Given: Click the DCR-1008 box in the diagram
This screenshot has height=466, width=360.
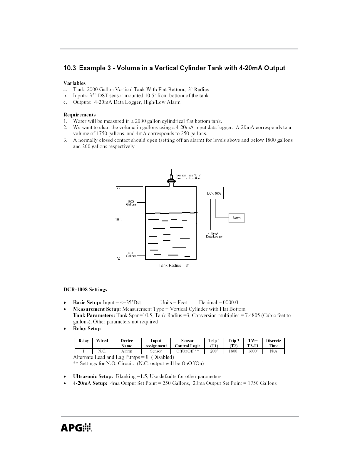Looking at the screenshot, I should [x=214, y=193].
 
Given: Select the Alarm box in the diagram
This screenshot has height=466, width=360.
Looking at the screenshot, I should [x=236, y=218].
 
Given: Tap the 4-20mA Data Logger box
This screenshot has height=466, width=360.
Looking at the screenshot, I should [x=214, y=235].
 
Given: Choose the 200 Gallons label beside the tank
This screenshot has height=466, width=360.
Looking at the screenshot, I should [x=131, y=255].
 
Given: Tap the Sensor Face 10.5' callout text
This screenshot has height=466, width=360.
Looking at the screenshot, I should [x=189, y=177].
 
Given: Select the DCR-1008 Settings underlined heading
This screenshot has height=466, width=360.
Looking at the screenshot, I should [x=85, y=290].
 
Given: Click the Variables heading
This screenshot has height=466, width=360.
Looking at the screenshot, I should [x=74, y=83].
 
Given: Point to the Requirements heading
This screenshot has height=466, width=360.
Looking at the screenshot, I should [x=79, y=115].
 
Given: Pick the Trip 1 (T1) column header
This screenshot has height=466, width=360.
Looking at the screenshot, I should [x=214, y=343].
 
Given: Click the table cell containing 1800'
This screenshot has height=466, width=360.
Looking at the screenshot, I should [x=233, y=351].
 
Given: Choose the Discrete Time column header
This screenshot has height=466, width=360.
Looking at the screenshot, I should [x=273, y=343].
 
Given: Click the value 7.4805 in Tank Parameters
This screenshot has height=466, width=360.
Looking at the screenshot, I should [x=252, y=315].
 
